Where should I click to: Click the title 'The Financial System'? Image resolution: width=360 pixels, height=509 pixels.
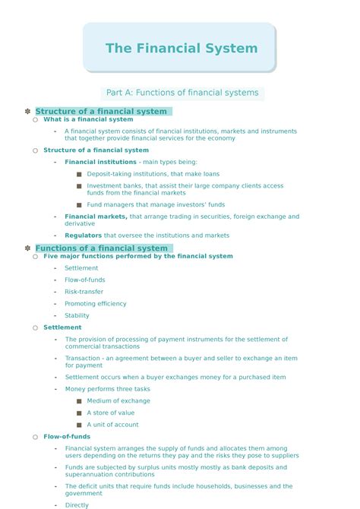tap(181, 49)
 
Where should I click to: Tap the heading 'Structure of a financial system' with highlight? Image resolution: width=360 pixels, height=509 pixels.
tap(101, 111)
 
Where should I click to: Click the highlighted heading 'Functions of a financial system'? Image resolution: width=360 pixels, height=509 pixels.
tap(101, 248)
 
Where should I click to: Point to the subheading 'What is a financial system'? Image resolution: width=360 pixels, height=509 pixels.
tap(88, 119)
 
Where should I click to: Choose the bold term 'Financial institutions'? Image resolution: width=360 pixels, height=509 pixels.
tap(100, 162)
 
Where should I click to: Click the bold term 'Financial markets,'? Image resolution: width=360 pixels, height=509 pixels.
tap(96, 217)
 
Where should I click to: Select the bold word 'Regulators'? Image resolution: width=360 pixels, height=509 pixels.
tap(83, 236)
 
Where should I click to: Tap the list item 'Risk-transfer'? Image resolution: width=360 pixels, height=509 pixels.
tap(84, 292)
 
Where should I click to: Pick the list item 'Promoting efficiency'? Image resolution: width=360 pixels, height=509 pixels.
tap(96, 304)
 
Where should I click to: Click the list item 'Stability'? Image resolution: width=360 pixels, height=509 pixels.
tap(77, 315)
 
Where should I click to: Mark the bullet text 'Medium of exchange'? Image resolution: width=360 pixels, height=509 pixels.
tap(118, 401)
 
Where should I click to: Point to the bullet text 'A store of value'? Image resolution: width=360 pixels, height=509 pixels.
tap(110, 413)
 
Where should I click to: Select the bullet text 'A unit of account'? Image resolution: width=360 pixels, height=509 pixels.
tap(112, 425)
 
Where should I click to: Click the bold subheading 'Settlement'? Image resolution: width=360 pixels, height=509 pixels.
tap(62, 327)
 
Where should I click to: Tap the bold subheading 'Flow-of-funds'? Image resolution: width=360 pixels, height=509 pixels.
tap(67, 437)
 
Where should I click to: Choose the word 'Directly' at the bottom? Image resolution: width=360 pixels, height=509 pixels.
tap(77, 504)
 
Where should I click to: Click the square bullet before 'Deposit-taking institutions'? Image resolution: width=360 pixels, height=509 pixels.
tap(79, 174)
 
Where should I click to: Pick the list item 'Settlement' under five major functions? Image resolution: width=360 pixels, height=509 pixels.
tap(81, 268)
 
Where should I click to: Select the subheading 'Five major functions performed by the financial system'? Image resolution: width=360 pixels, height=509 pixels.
tap(138, 256)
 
